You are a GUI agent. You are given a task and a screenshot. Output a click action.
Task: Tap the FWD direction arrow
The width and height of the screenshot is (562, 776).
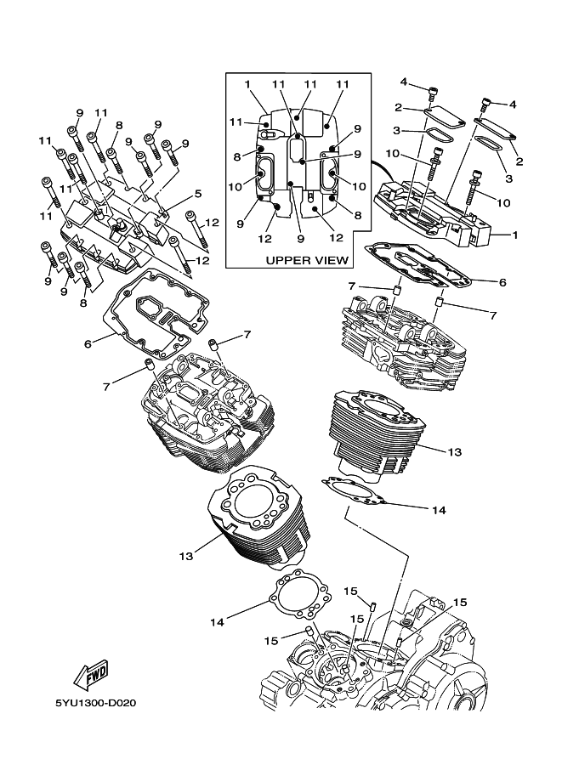coord(89,673)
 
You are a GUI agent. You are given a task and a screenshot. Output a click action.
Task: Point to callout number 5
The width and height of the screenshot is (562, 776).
coord(197,194)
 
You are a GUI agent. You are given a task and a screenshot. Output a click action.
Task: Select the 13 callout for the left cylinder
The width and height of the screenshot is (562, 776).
coord(185,556)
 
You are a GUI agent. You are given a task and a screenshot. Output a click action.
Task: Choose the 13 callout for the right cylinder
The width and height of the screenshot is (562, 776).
coord(455,452)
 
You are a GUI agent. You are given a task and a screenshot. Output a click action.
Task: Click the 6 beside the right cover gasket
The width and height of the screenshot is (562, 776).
coord(502,281)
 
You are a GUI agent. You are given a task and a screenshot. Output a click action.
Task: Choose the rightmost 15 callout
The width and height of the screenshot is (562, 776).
coord(459,603)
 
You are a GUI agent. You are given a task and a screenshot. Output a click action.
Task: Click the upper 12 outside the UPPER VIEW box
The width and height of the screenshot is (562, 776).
coord(213,223)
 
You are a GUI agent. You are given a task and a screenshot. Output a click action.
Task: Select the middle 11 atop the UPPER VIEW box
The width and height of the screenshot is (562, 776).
coord(310,84)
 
